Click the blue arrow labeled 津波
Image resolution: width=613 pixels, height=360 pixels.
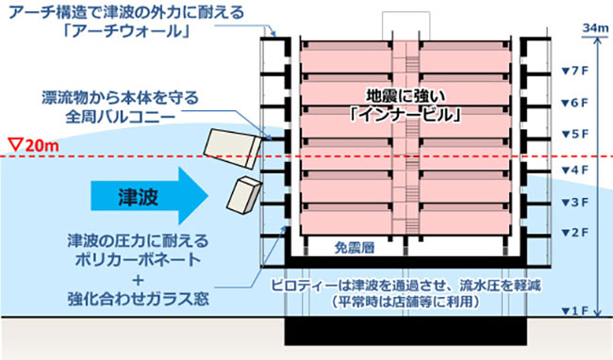tap(145, 198)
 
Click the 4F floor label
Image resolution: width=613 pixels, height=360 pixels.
tap(573, 170)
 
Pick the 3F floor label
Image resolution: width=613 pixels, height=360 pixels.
tap(573, 203)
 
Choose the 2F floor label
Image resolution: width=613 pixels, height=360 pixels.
tap(573, 232)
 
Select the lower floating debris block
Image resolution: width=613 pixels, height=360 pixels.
tap(244, 194)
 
